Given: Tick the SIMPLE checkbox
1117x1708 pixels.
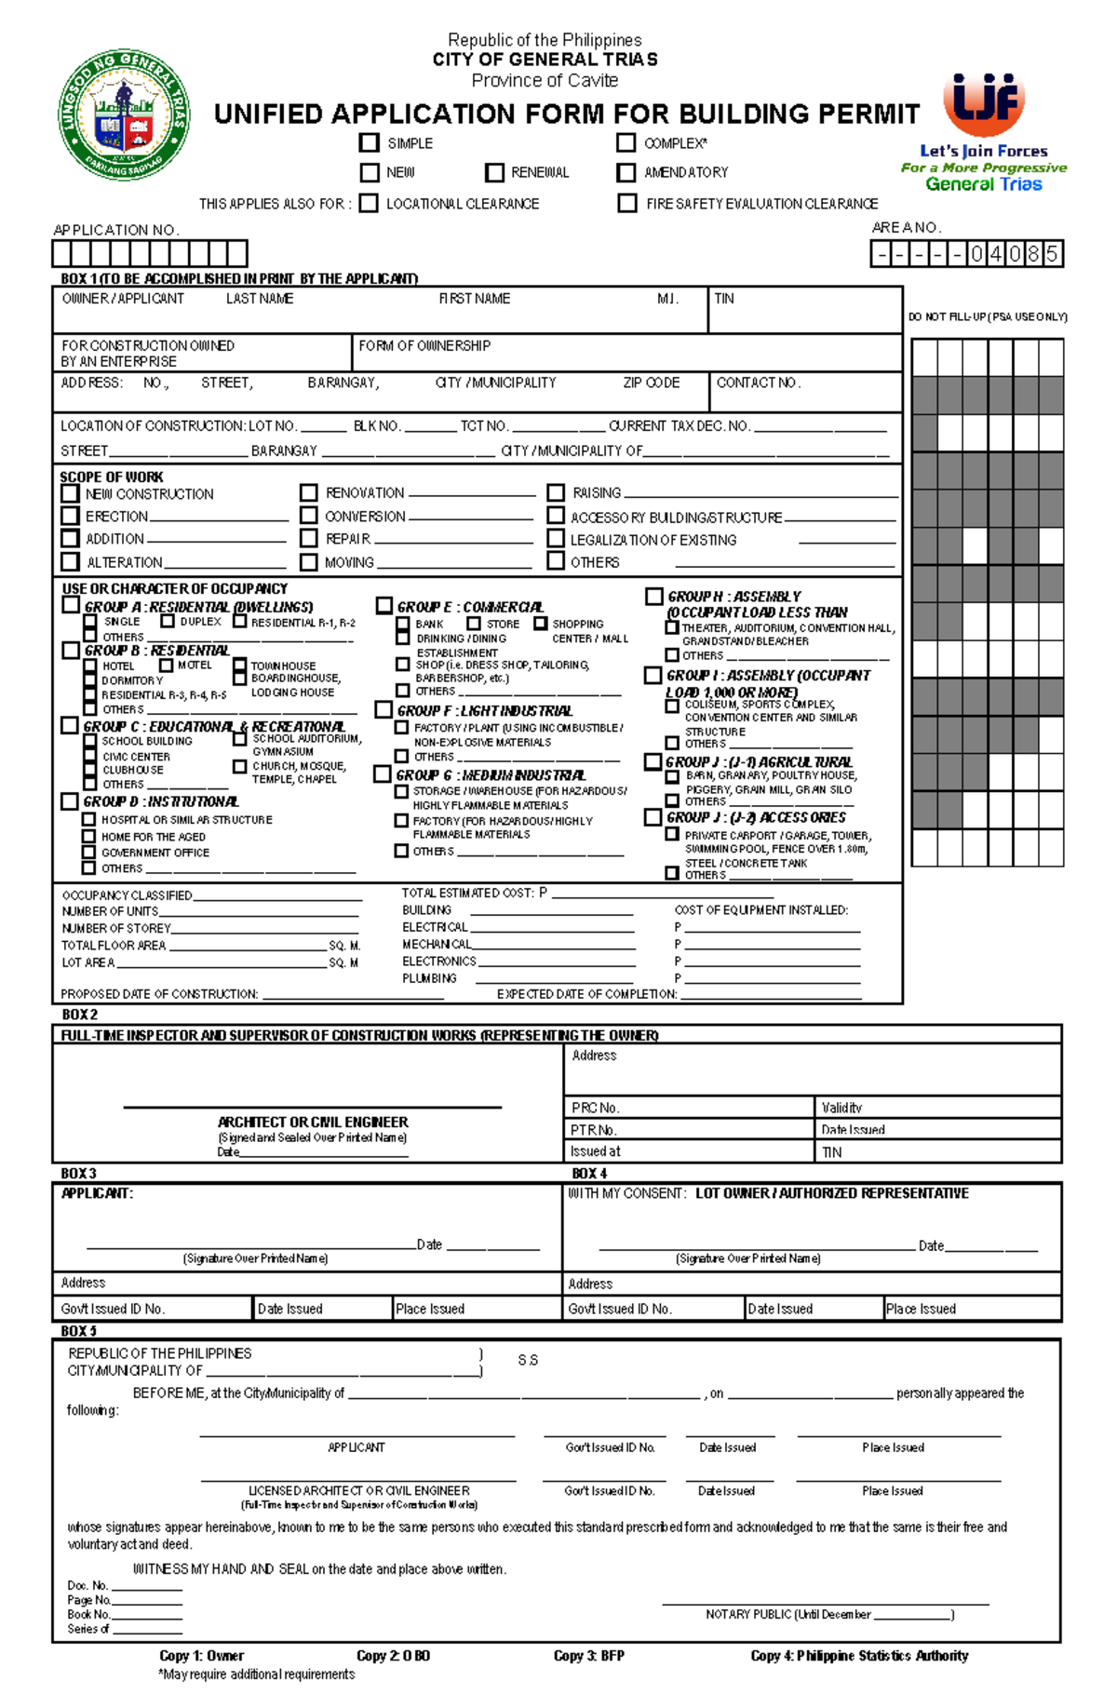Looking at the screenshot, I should [369, 142].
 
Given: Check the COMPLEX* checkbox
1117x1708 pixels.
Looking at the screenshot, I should [626, 142].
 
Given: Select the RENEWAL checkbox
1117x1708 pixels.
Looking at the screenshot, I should [494, 172].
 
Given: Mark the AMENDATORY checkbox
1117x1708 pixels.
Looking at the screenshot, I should [626, 172].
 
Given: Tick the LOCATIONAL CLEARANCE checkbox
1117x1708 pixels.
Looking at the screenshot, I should [369, 203].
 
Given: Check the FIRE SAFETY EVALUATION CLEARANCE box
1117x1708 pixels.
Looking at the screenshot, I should [627, 203].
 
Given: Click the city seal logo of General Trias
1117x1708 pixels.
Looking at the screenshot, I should [125, 114].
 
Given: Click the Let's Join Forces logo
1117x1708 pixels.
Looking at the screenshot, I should [984, 130].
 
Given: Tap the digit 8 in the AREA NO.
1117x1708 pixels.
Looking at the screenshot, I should [1032, 254].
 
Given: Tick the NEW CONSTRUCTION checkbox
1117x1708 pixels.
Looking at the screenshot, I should [70, 493].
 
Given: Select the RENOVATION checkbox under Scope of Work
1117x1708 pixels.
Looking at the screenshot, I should [309, 492].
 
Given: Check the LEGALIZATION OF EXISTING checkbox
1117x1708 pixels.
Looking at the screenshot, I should [556, 538].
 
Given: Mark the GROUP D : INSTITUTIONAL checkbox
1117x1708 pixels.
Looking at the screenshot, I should [69, 800].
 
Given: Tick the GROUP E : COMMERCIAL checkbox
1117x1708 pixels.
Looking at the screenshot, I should [384, 606].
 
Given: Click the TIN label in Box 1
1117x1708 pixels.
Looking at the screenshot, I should [724, 299].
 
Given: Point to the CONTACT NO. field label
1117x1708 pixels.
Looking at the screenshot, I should [758, 383].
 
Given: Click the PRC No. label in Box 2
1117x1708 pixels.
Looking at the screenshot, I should [595, 1108].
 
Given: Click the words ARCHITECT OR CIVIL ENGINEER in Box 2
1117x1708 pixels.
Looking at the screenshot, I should [313, 1122].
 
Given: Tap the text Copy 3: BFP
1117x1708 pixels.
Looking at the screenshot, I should [588, 1655].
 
